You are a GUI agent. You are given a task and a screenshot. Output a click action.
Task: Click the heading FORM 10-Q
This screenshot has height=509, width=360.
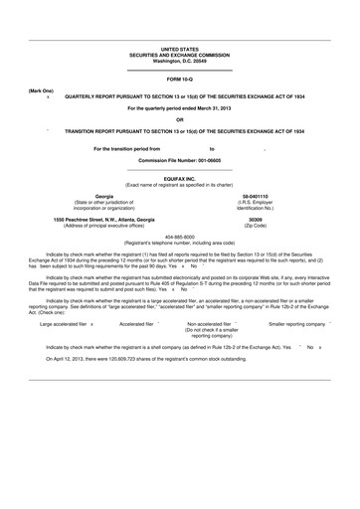coord(180,78)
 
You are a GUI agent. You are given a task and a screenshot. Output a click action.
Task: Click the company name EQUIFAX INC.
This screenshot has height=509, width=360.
coord(180,178)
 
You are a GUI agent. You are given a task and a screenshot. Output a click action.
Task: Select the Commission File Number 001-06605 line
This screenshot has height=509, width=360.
coord(180,160)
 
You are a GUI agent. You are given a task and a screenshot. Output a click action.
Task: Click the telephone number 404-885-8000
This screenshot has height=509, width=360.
coord(180,237)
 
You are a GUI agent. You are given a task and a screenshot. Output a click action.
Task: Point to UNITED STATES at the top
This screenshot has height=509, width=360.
coord(180,48)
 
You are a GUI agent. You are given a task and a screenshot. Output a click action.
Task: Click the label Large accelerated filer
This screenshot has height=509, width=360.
coord(63,324)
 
